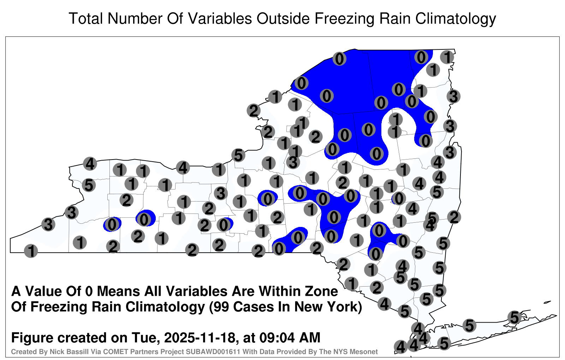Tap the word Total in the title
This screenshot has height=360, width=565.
coord(86,18)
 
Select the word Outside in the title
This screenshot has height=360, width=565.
coord(284,18)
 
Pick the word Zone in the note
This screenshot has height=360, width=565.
coord(321,292)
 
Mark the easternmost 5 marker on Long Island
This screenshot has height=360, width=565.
coord(514,317)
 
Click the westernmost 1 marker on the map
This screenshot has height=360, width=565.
coord(31,251)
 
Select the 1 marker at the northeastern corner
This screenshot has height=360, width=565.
coord(447,57)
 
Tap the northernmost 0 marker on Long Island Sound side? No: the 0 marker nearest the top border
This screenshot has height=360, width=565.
coord(421,57)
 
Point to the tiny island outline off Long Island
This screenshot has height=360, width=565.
coord(547,302)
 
